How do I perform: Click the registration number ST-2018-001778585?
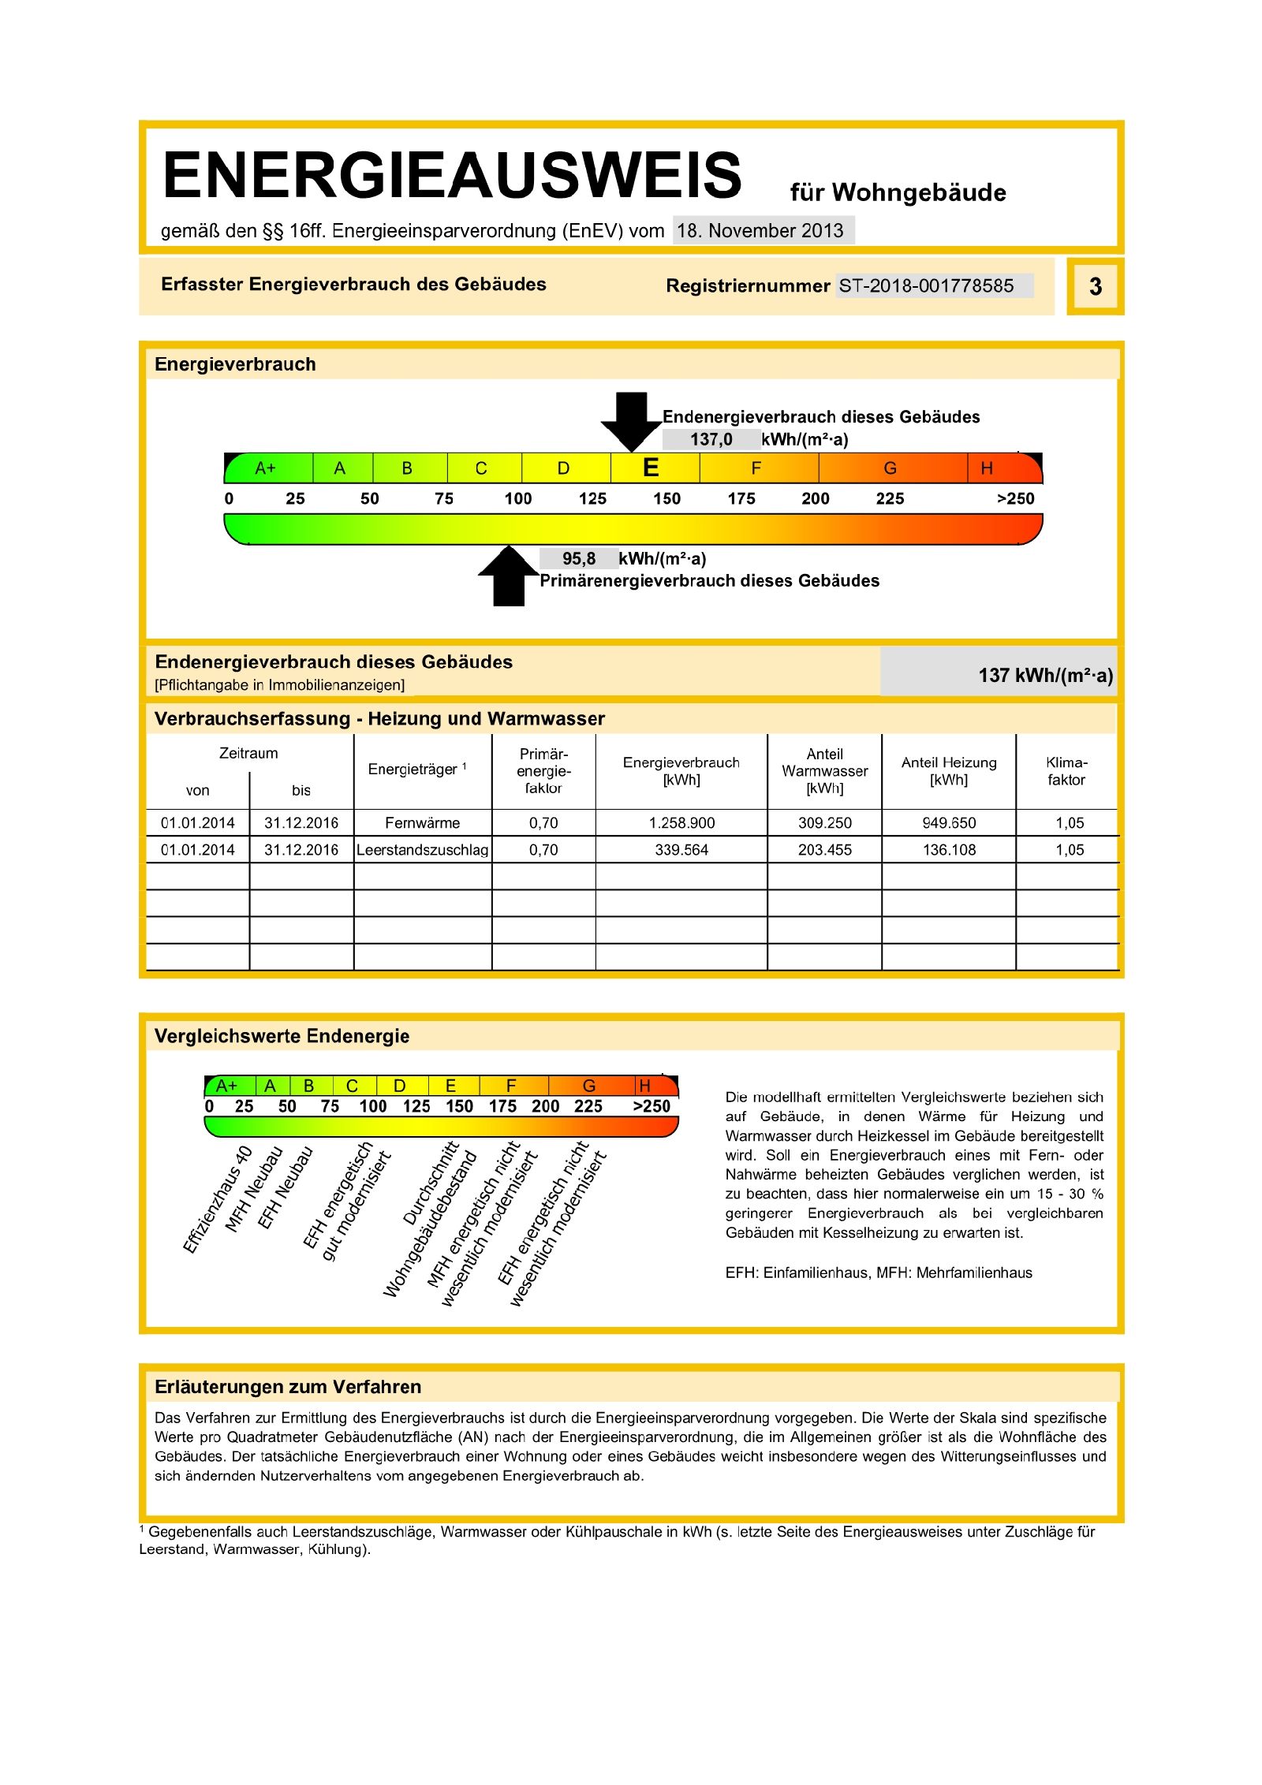point(926,285)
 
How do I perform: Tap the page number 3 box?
point(1095,286)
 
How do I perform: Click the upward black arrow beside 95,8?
point(509,576)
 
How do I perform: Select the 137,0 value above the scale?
point(711,439)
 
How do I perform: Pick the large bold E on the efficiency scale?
point(651,468)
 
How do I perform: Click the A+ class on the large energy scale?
point(265,468)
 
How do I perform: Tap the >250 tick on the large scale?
point(1015,498)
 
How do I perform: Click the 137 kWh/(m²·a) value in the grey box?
point(1045,675)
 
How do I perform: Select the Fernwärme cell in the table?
point(422,822)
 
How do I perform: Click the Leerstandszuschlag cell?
point(422,850)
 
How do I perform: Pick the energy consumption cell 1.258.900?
point(681,822)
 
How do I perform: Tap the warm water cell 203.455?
point(824,850)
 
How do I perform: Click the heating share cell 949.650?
point(949,822)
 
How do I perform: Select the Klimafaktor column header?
point(1066,770)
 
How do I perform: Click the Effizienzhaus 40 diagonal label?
point(218,1198)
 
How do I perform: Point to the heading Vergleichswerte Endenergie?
point(282,1036)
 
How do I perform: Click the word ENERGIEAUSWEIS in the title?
point(452,175)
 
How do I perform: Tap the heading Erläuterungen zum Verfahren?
point(288,1387)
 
